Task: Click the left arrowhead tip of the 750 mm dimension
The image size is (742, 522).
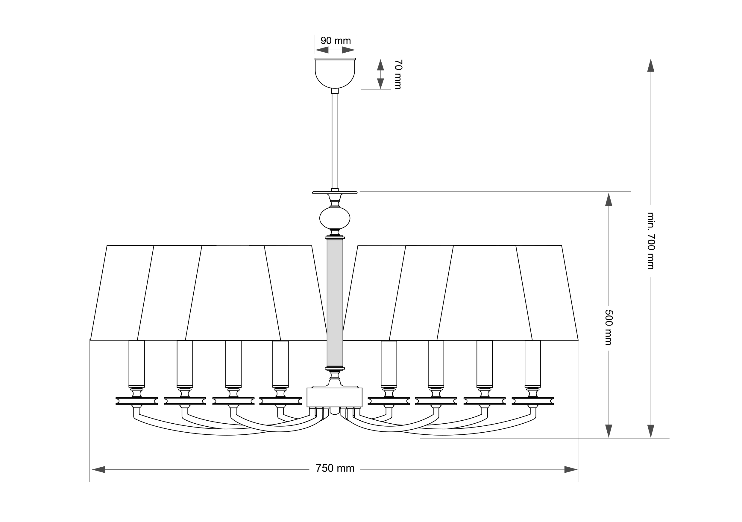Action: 92,469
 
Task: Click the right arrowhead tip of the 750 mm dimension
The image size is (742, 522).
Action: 577,469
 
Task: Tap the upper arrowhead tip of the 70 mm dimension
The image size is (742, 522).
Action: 381,59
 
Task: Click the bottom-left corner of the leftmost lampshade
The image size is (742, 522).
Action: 90,340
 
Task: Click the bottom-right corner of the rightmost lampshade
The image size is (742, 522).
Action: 578,340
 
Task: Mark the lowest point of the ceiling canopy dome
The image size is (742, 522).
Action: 335,88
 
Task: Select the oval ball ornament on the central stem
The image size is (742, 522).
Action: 335,218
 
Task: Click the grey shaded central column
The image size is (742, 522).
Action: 335,303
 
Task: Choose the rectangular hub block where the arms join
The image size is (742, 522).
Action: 334,397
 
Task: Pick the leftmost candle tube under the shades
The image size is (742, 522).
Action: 137,364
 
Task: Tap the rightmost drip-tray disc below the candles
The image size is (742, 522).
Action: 533,401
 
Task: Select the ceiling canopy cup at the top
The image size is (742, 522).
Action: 335,73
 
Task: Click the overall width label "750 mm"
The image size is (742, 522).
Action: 335,468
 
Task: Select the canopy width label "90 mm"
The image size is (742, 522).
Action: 336,41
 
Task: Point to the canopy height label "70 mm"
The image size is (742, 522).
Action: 398,74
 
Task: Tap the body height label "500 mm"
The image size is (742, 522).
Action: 609,328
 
